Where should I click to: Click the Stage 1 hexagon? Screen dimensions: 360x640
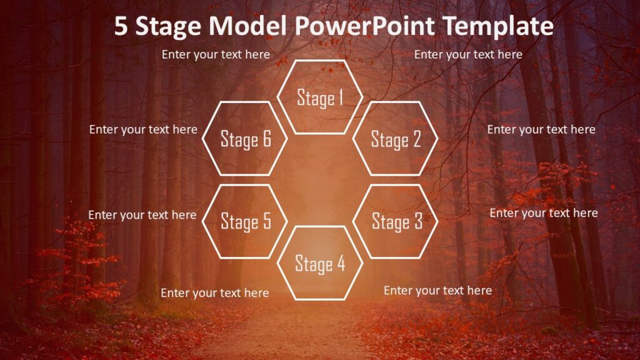point(320,97)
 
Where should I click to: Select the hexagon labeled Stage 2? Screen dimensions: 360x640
point(396,139)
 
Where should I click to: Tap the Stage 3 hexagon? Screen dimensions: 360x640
point(396,221)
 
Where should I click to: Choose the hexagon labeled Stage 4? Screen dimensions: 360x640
point(320,263)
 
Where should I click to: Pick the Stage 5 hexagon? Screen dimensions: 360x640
point(245,221)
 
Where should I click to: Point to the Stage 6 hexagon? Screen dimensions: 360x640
point(245,139)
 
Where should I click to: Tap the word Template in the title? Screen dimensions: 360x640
point(499,26)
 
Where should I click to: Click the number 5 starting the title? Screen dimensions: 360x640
point(121,26)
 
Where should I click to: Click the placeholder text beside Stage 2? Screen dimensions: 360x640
point(541,129)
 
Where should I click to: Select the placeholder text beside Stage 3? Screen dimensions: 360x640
point(543,213)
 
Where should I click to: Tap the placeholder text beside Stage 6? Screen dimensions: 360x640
point(143,129)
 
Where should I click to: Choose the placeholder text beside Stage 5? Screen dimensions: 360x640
point(142,215)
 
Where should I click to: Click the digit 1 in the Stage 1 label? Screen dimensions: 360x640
point(341,97)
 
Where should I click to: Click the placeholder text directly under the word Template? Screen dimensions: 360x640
point(468,54)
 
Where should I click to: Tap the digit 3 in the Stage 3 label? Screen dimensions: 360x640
point(417,221)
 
